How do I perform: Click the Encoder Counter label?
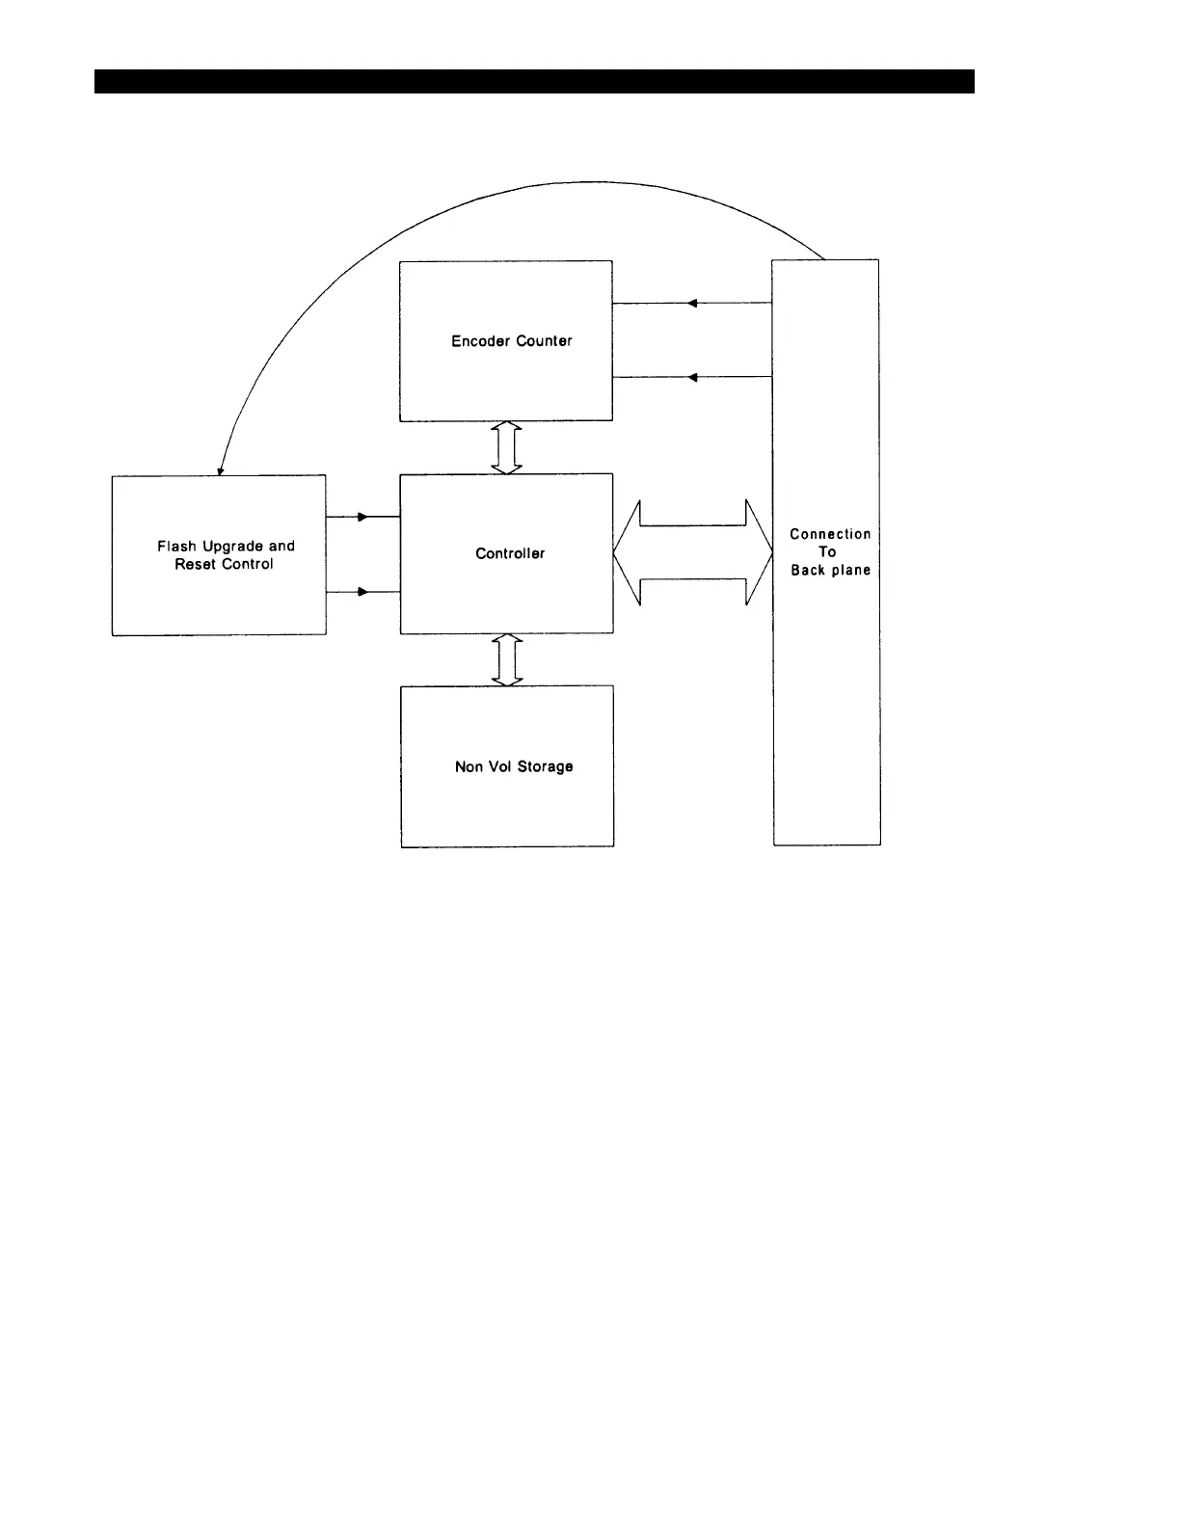click(511, 341)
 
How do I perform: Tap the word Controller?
click(510, 553)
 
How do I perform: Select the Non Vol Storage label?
click(514, 766)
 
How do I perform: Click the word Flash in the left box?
click(176, 547)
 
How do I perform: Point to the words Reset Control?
click(224, 564)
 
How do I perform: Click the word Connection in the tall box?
click(830, 534)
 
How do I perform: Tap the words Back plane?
click(830, 570)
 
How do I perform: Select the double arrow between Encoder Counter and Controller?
click(507, 447)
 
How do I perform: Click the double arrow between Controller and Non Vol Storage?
click(507, 659)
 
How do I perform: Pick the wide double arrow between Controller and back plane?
click(693, 552)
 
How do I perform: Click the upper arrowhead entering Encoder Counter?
click(692, 304)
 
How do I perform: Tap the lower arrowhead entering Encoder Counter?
click(692, 378)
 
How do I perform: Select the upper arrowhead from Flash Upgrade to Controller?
click(362, 517)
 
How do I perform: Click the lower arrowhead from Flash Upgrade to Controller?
click(362, 592)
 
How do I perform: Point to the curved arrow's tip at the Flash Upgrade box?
click(220, 471)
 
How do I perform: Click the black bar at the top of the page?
click(534, 81)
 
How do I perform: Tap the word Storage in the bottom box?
click(545, 766)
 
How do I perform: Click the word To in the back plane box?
click(827, 551)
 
